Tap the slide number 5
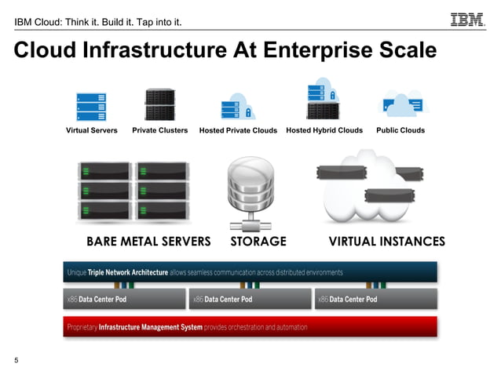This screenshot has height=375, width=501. click(16, 360)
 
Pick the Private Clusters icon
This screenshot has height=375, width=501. click(159, 104)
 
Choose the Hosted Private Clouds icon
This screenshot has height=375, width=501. click(237, 106)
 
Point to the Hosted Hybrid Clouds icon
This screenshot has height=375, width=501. click(324, 99)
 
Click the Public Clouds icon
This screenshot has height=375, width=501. click(400, 105)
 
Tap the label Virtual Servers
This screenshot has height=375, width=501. click(91, 130)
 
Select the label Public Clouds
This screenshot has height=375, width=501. click(400, 130)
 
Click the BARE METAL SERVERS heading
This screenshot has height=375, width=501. click(148, 241)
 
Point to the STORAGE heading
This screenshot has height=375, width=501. click(258, 241)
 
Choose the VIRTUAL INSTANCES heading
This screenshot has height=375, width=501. click(386, 241)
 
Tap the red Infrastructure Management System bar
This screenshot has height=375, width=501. click(250, 327)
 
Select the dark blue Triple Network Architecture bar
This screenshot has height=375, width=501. click(250, 272)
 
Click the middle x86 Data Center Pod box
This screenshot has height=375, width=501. click(249, 300)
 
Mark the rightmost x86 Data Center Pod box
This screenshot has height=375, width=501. click(375, 300)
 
